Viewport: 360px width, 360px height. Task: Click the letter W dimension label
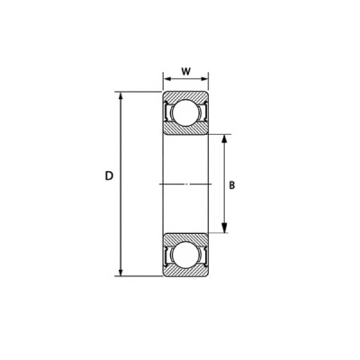(186, 71)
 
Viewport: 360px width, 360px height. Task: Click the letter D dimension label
(109, 175)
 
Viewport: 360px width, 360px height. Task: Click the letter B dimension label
(232, 185)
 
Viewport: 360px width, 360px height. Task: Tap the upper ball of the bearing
(185, 112)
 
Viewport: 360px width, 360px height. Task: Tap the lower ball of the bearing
(185, 255)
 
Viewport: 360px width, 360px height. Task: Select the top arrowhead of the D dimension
(121, 95)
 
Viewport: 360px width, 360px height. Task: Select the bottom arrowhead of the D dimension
(121, 272)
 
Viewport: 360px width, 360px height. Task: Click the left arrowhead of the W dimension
(166, 79)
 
